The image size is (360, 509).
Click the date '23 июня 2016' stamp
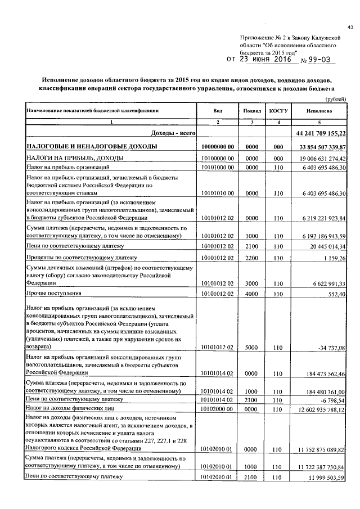267,58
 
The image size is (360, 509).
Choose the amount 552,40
336,293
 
